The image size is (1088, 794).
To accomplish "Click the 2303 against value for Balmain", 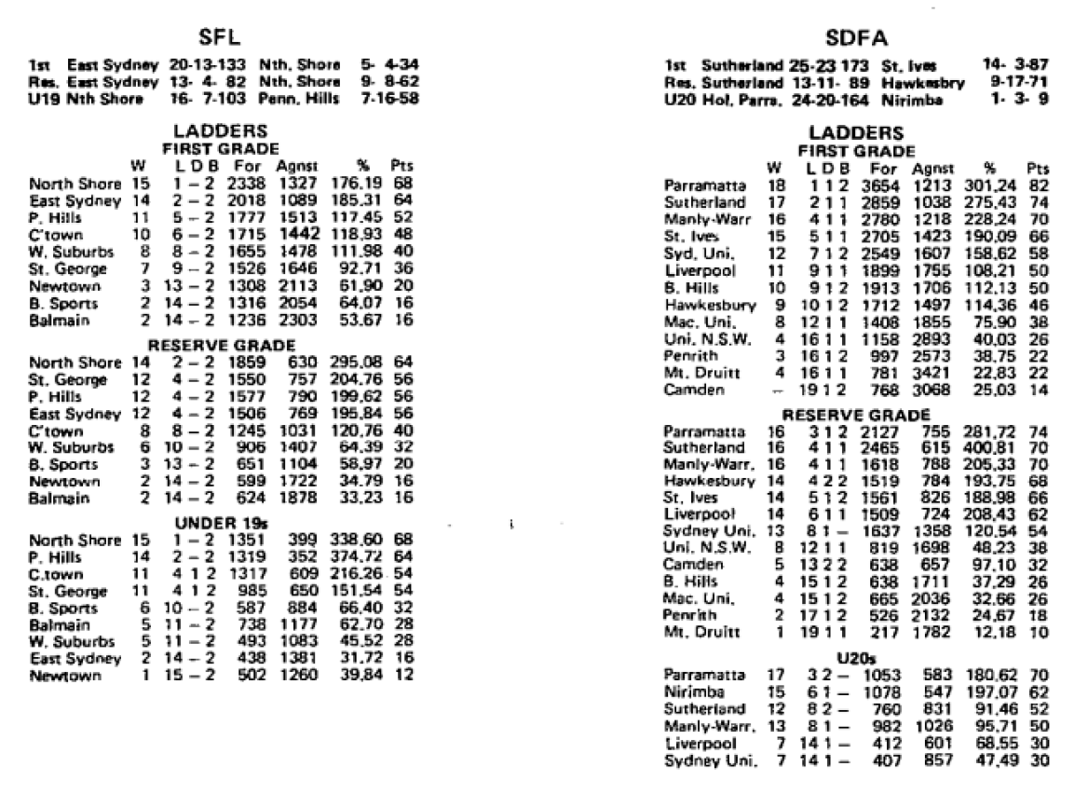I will tap(293, 319).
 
